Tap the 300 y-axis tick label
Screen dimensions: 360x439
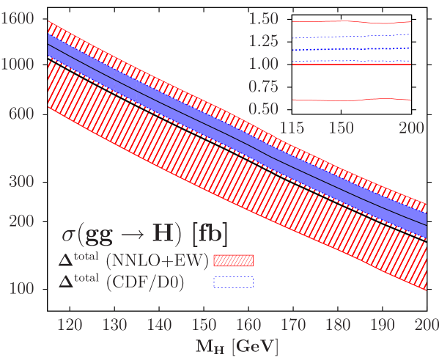coord(23,181)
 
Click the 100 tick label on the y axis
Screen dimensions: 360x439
coord(23,288)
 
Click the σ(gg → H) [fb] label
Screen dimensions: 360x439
coord(144,236)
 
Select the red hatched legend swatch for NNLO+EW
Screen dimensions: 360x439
coord(233,260)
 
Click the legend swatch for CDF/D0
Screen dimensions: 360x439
coord(233,282)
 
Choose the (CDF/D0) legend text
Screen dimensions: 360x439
coord(147,282)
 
